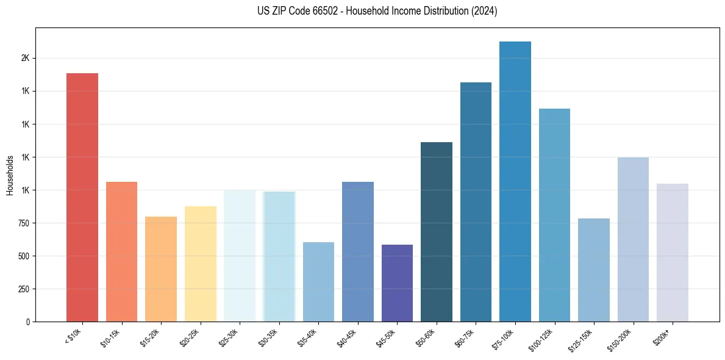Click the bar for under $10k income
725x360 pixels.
82,197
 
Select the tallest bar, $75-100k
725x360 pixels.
515,181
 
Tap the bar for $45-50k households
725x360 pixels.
397,283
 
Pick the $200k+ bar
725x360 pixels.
673,253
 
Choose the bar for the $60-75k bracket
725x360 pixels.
476,202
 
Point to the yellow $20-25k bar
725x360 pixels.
201,264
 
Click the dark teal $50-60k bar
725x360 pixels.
437,232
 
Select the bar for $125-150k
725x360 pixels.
594,270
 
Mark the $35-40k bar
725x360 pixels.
318,282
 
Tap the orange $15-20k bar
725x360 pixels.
161,269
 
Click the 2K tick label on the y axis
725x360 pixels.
25,58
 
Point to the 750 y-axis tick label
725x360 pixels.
23,223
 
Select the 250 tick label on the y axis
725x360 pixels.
23,289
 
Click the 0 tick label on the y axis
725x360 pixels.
28,322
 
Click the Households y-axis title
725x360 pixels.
10,176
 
